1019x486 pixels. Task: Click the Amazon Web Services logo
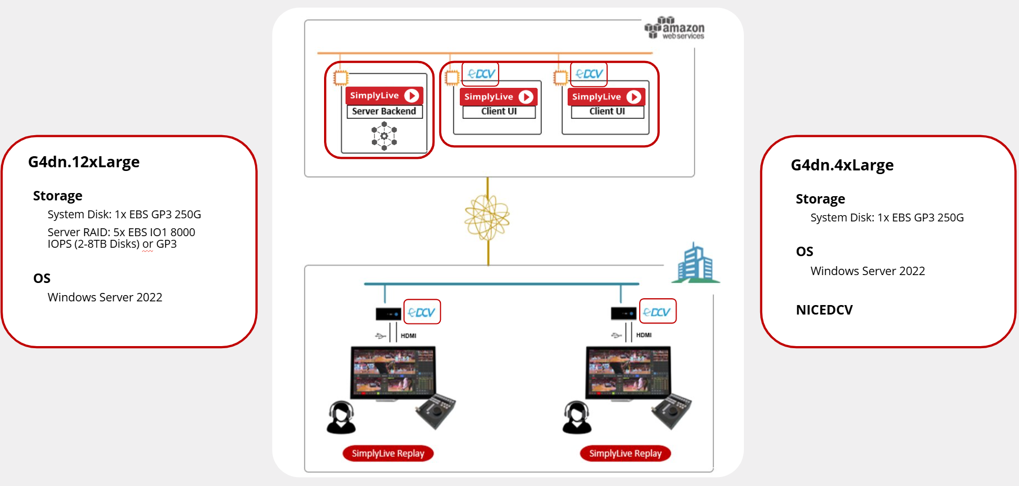674,28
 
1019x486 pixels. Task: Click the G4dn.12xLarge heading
84,162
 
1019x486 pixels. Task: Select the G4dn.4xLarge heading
842,165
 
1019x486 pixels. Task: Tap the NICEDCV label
824,310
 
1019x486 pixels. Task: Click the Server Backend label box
384,112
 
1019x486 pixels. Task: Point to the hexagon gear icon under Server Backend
384,136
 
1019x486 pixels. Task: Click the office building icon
695,263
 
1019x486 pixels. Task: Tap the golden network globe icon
487,217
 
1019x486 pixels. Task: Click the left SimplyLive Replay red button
388,453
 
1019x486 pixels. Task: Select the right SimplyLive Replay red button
625,453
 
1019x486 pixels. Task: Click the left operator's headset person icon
341,418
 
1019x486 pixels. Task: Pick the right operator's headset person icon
577,418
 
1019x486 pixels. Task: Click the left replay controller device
436,411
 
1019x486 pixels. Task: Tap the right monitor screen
628,372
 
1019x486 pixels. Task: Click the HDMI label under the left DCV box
408,336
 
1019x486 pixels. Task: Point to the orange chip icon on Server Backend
341,78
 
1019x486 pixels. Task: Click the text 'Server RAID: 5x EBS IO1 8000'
121,232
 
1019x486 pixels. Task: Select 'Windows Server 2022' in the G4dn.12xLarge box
105,298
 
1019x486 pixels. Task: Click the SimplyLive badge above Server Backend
384,96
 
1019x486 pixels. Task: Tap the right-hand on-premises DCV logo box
658,311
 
